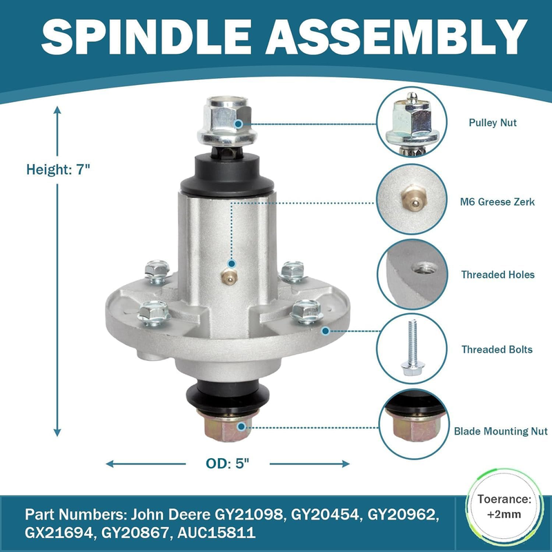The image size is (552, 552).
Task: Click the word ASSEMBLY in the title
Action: point(396,37)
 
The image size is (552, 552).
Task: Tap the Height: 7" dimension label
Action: point(58,170)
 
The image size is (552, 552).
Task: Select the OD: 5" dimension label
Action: point(228,464)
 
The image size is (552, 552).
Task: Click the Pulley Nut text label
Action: point(493,123)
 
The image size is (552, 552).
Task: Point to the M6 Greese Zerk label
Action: point(497,201)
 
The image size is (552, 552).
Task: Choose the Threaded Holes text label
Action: point(497,275)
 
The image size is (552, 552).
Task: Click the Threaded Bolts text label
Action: point(497,350)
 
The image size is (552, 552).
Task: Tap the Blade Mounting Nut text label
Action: point(501,431)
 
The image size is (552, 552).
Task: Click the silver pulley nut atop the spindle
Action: point(227,121)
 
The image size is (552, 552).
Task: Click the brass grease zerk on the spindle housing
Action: point(229,277)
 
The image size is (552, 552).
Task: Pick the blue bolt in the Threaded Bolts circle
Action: point(413,348)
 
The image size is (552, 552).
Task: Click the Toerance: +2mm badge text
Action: point(504,507)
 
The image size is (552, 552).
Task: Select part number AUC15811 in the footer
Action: point(217,533)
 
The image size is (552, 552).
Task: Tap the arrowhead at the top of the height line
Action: point(57,110)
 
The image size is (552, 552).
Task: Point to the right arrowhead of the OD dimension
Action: point(346,464)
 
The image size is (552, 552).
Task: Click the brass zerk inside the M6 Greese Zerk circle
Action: point(414,198)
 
